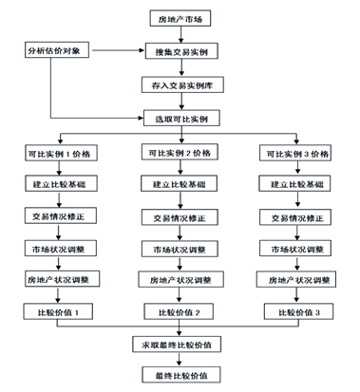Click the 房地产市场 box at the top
[x=180, y=18]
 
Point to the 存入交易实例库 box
[x=180, y=84]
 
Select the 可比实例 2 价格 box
[x=180, y=152]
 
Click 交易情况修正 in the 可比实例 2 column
[x=180, y=217]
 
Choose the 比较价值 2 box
[x=180, y=311]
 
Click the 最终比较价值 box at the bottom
[x=180, y=375]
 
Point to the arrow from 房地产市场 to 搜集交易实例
[x=180, y=35]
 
